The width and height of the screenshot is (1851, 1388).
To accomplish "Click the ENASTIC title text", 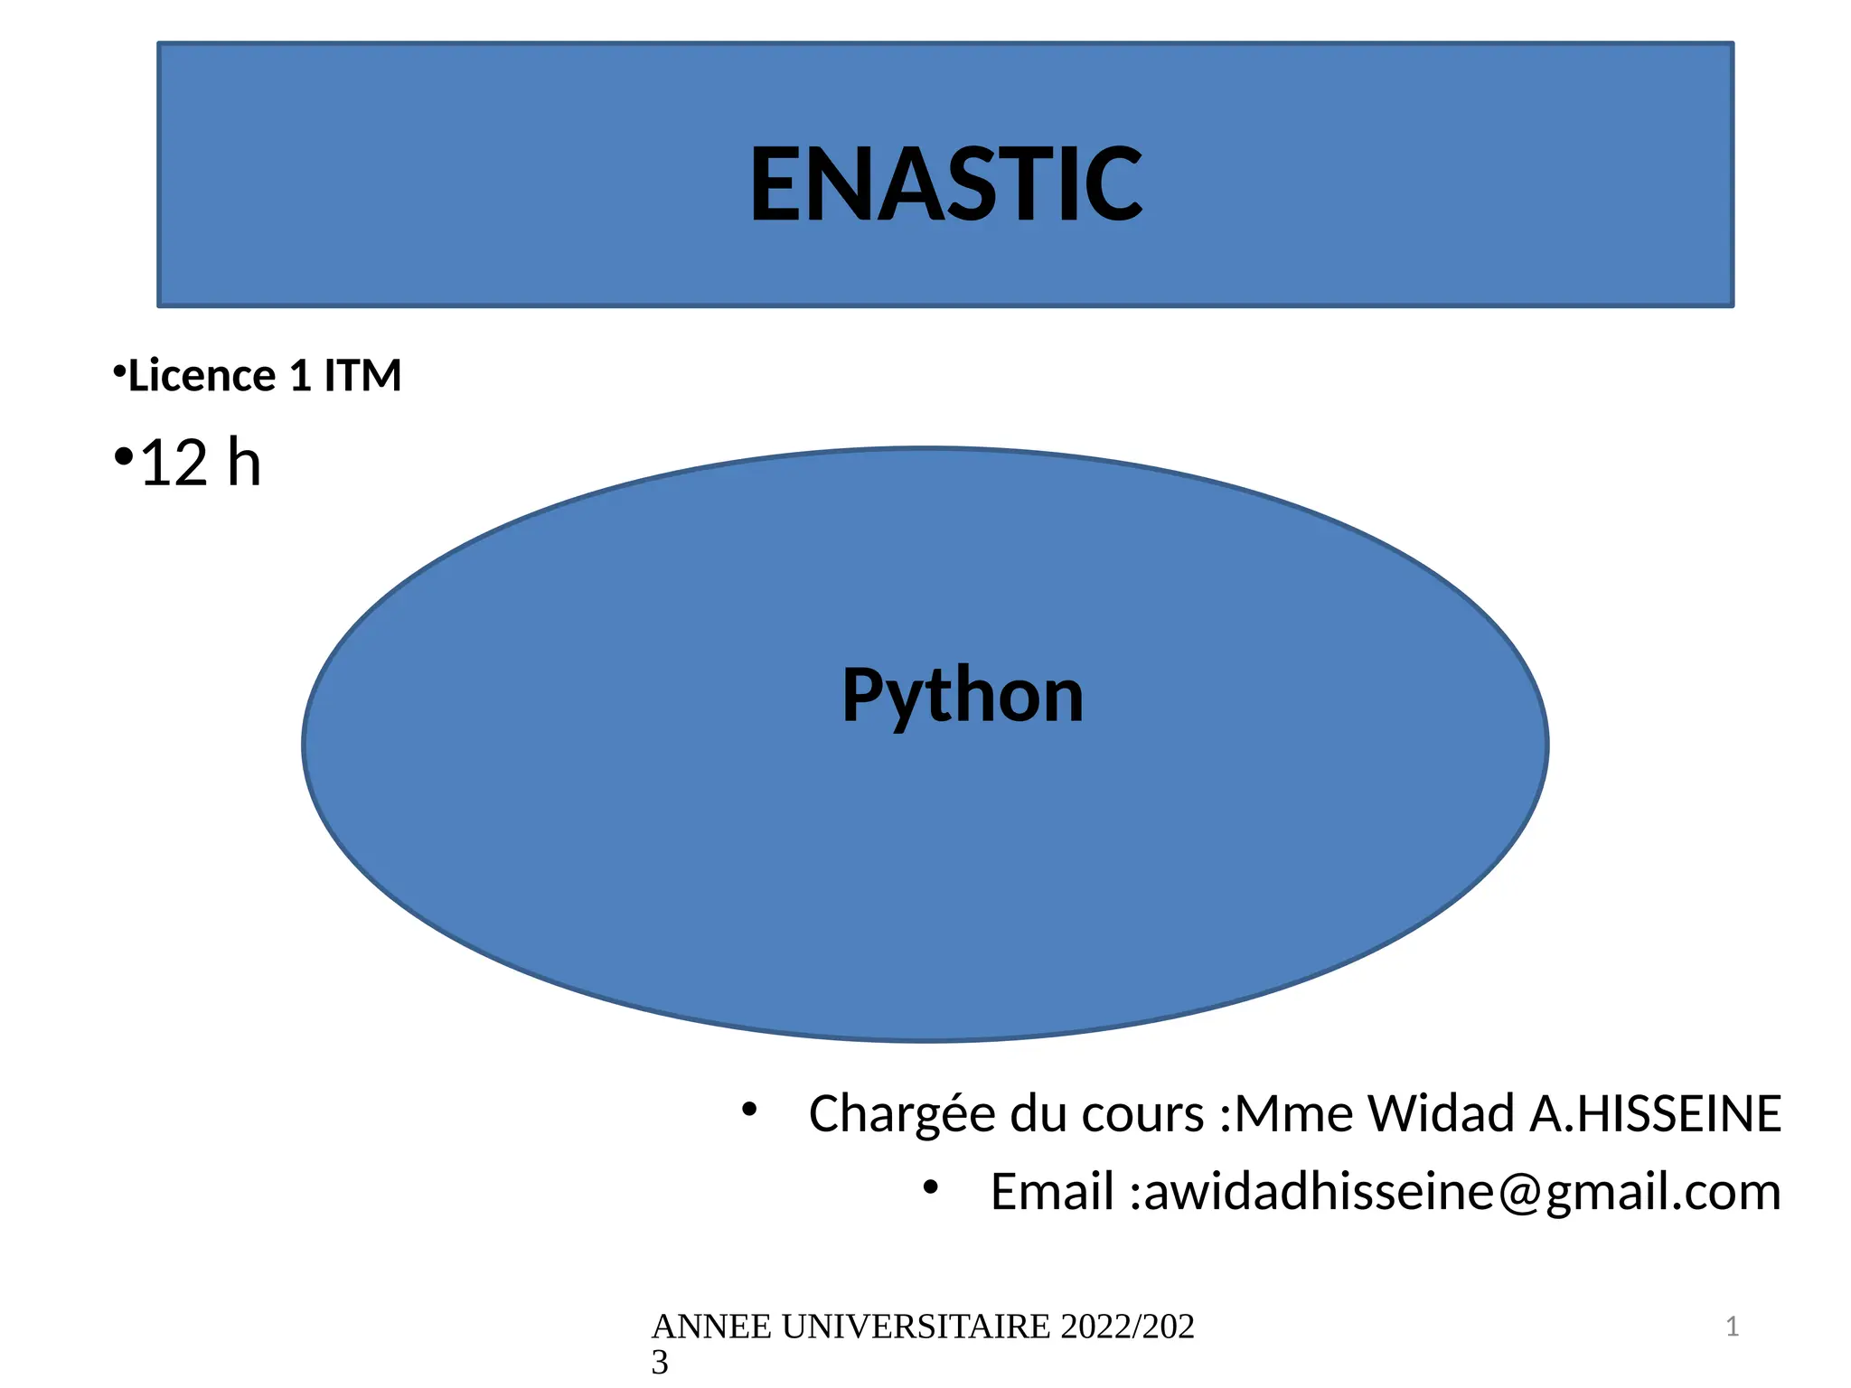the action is point(946,185).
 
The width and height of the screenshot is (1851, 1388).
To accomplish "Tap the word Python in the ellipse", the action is point(963,696).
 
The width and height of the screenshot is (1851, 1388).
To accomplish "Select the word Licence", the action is point(202,376).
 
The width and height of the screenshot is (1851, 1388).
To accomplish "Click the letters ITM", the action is point(362,376).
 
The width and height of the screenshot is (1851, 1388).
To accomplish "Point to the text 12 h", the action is point(201,463).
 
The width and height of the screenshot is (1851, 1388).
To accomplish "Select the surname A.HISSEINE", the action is point(1655,1113).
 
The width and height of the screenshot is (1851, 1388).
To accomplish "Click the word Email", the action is point(1051,1192).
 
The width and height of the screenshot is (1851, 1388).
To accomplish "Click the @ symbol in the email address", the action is point(1520,1193).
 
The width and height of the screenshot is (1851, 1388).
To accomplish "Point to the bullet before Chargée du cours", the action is point(748,1110).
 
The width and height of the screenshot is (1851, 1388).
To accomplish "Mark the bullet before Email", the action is point(930,1187).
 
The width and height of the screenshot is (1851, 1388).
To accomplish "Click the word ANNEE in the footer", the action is point(711,1327).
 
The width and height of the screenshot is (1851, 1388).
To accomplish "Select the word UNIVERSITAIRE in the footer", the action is point(916,1327).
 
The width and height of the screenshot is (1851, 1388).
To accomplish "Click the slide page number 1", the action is point(1732,1327).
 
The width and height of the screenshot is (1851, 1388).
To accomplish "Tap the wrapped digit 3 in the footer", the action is point(660,1362).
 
